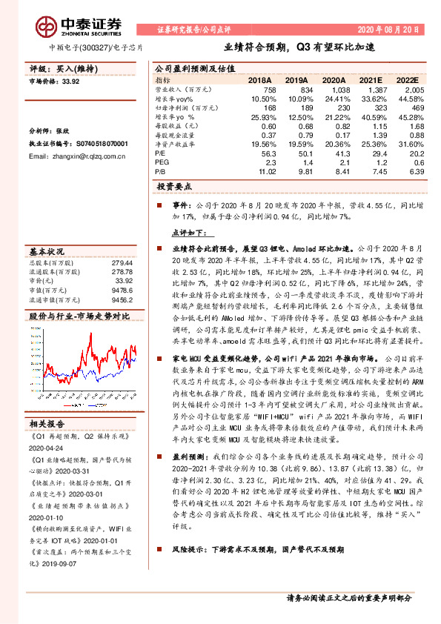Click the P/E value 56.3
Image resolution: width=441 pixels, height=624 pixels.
268,153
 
